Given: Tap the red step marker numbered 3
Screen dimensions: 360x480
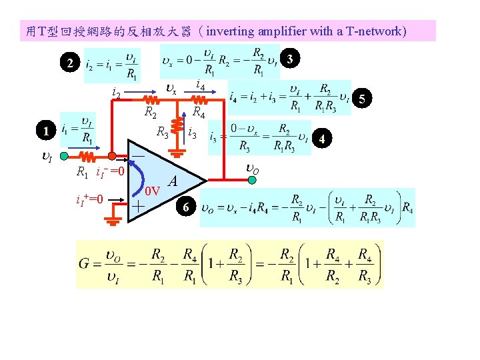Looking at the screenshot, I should [x=289, y=59].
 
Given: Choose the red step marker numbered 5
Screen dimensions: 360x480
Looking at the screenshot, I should [x=361, y=99].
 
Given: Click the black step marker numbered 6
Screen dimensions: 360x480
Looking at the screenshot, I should [x=187, y=209].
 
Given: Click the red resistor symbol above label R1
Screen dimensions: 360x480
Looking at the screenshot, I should [x=89, y=157].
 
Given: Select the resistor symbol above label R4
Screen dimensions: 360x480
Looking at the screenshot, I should [x=199, y=101].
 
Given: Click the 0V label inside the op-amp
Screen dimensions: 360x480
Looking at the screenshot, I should [x=153, y=191].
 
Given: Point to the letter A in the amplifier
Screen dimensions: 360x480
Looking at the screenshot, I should [x=173, y=181].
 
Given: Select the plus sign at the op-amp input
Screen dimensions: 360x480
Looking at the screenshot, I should [x=137, y=207].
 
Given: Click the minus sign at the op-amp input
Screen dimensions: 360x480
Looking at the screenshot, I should [x=138, y=154].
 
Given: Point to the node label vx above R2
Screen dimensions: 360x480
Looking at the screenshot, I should [x=171, y=89].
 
